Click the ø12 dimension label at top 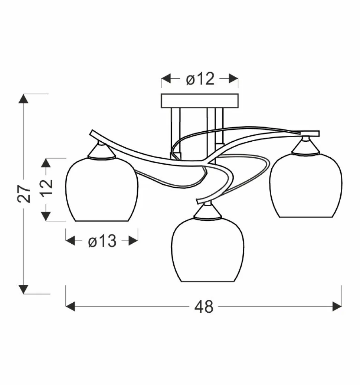pos(200,79)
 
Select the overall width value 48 pos(204,307)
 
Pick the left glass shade pos(102,190)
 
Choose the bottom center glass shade pos(207,250)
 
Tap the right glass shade pos(306,185)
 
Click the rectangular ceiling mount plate pos(200,101)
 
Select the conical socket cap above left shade pos(101,151)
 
